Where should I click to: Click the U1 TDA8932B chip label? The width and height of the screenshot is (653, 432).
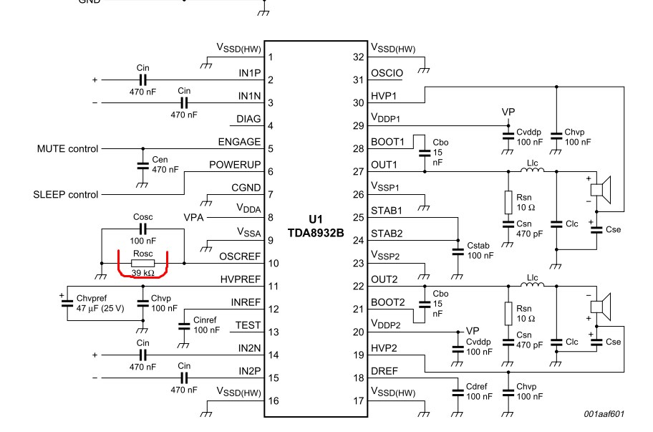click(x=316, y=221)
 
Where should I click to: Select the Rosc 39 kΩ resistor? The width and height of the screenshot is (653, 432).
click(x=142, y=262)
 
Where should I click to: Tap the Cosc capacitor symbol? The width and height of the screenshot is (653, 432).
click(x=142, y=229)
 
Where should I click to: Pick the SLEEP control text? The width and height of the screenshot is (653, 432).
click(x=65, y=194)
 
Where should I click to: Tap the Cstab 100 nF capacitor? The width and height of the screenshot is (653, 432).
click(x=457, y=251)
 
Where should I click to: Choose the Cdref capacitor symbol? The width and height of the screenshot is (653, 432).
click(x=457, y=390)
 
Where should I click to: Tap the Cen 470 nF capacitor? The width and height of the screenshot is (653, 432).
click(x=142, y=165)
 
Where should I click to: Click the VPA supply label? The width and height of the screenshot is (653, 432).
click(x=193, y=216)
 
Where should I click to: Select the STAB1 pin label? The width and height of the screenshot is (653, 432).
click(x=387, y=210)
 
